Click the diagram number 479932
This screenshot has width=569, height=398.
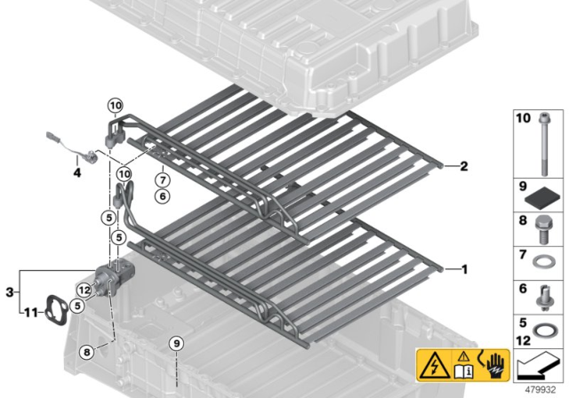pyautogui.click(x=541, y=390)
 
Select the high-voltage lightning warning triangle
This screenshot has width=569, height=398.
pyautogui.click(x=435, y=365)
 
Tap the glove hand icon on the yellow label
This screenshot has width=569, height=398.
pyautogui.click(x=495, y=364)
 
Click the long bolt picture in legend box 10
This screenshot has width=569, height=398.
pyautogui.click(x=543, y=144)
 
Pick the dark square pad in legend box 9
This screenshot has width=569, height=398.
pyautogui.click(x=544, y=199)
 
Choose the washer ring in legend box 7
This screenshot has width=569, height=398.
pyautogui.click(x=542, y=261)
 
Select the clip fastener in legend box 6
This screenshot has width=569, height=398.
pyautogui.click(x=543, y=298)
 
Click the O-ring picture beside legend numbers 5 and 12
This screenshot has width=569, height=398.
pyautogui.click(x=543, y=331)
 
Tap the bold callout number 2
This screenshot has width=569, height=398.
pyautogui.click(x=464, y=166)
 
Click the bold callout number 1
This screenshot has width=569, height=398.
pyautogui.click(x=464, y=269)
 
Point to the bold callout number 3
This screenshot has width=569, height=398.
pyautogui.click(x=10, y=292)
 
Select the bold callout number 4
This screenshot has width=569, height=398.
pyautogui.click(x=77, y=173)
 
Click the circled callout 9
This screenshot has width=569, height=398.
pyautogui.click(x=176, y=343)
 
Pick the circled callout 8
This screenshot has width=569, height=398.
pyautogui.click(x=87, y=352)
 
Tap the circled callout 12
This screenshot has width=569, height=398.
pyautogui.click(x=84, y=290)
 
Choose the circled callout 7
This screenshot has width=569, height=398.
pyautogui.click(x=162, y=180)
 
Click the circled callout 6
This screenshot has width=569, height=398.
pyautogui.click(x=162, y=196)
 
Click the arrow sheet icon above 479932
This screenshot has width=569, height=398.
pyautogui.click(x=539, y=365)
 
